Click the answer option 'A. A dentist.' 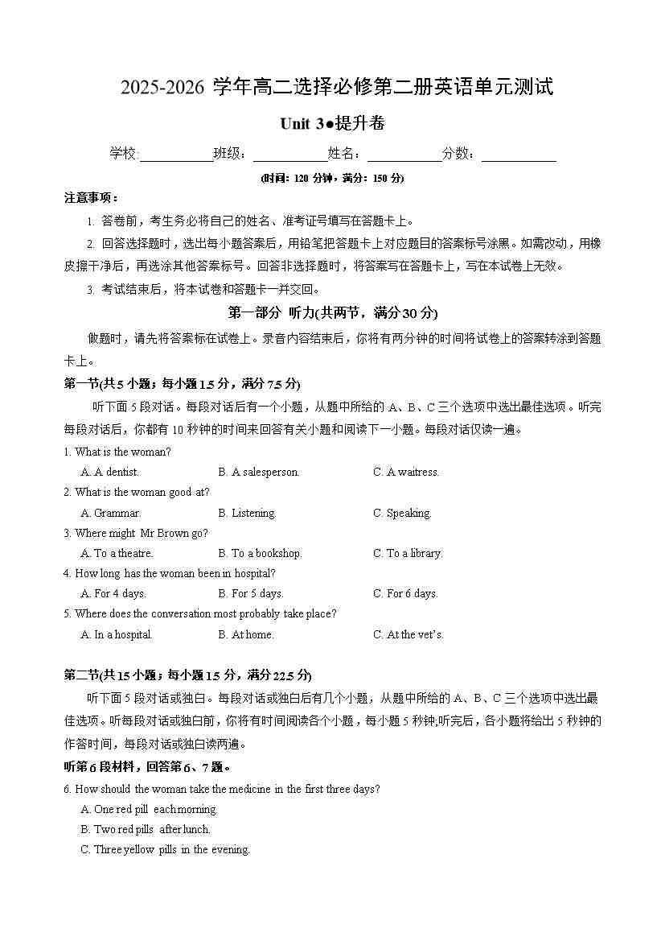click(109, 473)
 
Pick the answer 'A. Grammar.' click(110, 513)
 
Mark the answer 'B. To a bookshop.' click(260, 553)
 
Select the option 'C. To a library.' click(407, 553)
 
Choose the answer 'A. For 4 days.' click(113, 593)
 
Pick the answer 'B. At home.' click(246, 634)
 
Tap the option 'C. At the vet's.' click(408, 634)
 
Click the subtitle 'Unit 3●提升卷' click(332, 124)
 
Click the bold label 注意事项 click(91, 197)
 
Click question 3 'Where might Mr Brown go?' click(141, 533)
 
